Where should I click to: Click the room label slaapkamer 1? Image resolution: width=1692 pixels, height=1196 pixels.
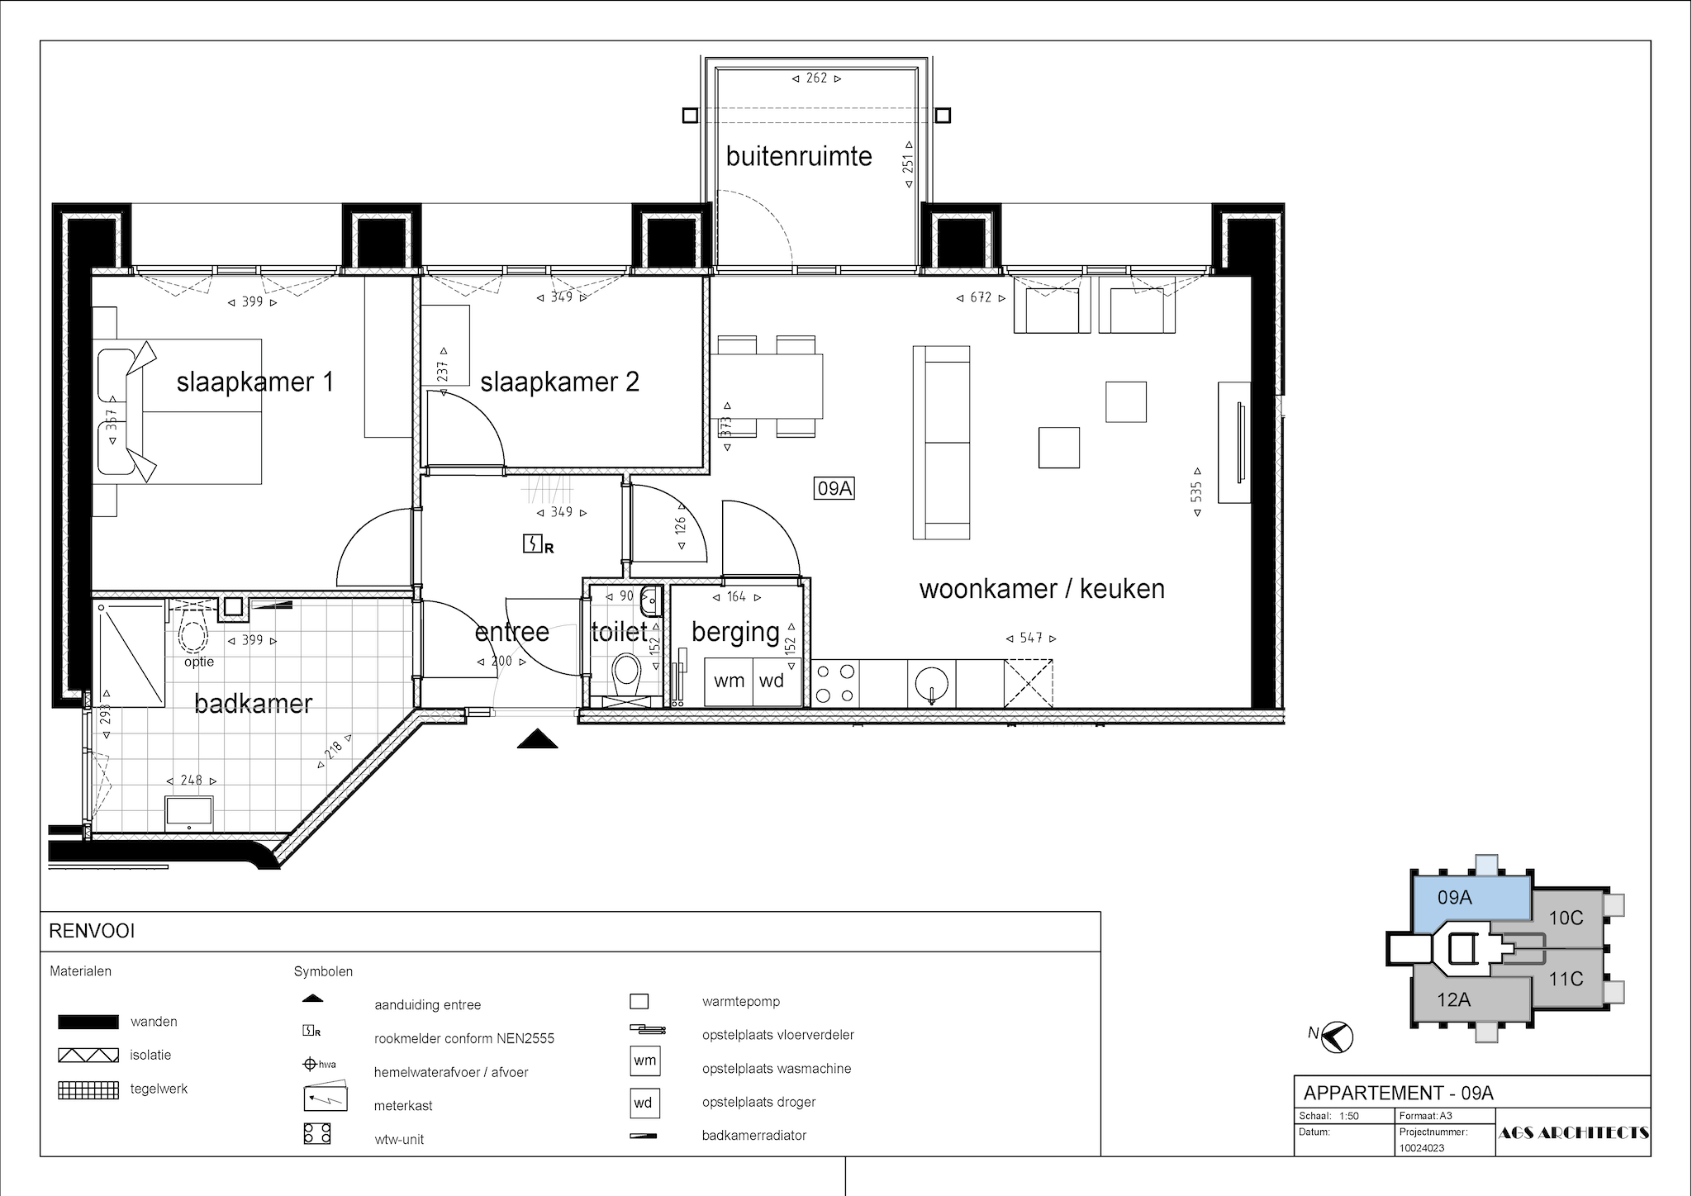(x=255, y=382)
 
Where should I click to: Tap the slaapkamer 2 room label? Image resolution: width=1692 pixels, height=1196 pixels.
(x=559, y=382)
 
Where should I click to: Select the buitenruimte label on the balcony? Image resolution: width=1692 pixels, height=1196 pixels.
(x=799, y=156)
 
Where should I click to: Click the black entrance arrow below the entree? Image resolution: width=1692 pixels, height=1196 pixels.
(x=538, y=738)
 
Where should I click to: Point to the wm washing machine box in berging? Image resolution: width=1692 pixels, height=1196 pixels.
(x=730, y=681)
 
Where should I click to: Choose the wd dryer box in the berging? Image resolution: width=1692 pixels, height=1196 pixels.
(x=772, y=681)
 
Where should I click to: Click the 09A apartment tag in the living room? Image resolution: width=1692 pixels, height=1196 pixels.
(x=834, y=489)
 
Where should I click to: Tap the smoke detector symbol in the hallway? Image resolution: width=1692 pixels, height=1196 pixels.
(x=538, y=545)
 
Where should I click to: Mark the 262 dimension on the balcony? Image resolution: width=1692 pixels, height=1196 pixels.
(x=816, y=78)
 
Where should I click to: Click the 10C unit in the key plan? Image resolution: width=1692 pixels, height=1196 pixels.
(x=1566, y=918)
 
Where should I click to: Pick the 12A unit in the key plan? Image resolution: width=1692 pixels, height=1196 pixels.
(x=1454, y=1000)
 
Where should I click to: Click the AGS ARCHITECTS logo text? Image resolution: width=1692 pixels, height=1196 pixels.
(x=1573, y=1133)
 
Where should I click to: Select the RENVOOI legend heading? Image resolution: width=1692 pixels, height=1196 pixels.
(x=92, y=932)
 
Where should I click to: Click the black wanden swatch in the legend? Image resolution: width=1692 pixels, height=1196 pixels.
(x=88, y=1023)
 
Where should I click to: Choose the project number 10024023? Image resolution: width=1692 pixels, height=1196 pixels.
(x=1422, y=1148)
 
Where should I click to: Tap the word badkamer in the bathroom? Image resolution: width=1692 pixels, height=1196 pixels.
(x=254, y=704)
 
